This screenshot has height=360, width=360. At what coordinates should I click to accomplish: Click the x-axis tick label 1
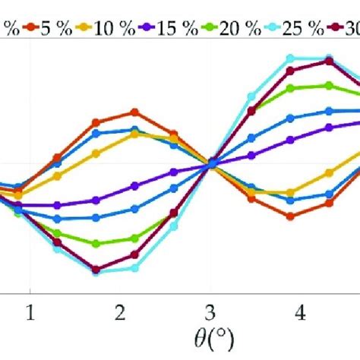click(30, 312)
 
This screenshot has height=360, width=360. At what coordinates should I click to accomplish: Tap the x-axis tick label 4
click(300, 312)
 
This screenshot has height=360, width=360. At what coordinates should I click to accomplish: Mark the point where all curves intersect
click(213, 163)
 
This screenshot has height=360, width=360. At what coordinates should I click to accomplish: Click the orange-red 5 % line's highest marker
click(135, 112)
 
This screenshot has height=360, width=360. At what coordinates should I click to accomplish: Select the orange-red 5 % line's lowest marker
click(290, 216)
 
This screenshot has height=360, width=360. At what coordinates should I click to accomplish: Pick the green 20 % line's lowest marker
click(96, 244)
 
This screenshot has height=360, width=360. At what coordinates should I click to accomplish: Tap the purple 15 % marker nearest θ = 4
click(290, 140)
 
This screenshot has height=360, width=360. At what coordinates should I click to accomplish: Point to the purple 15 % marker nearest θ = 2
click(135, 185)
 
